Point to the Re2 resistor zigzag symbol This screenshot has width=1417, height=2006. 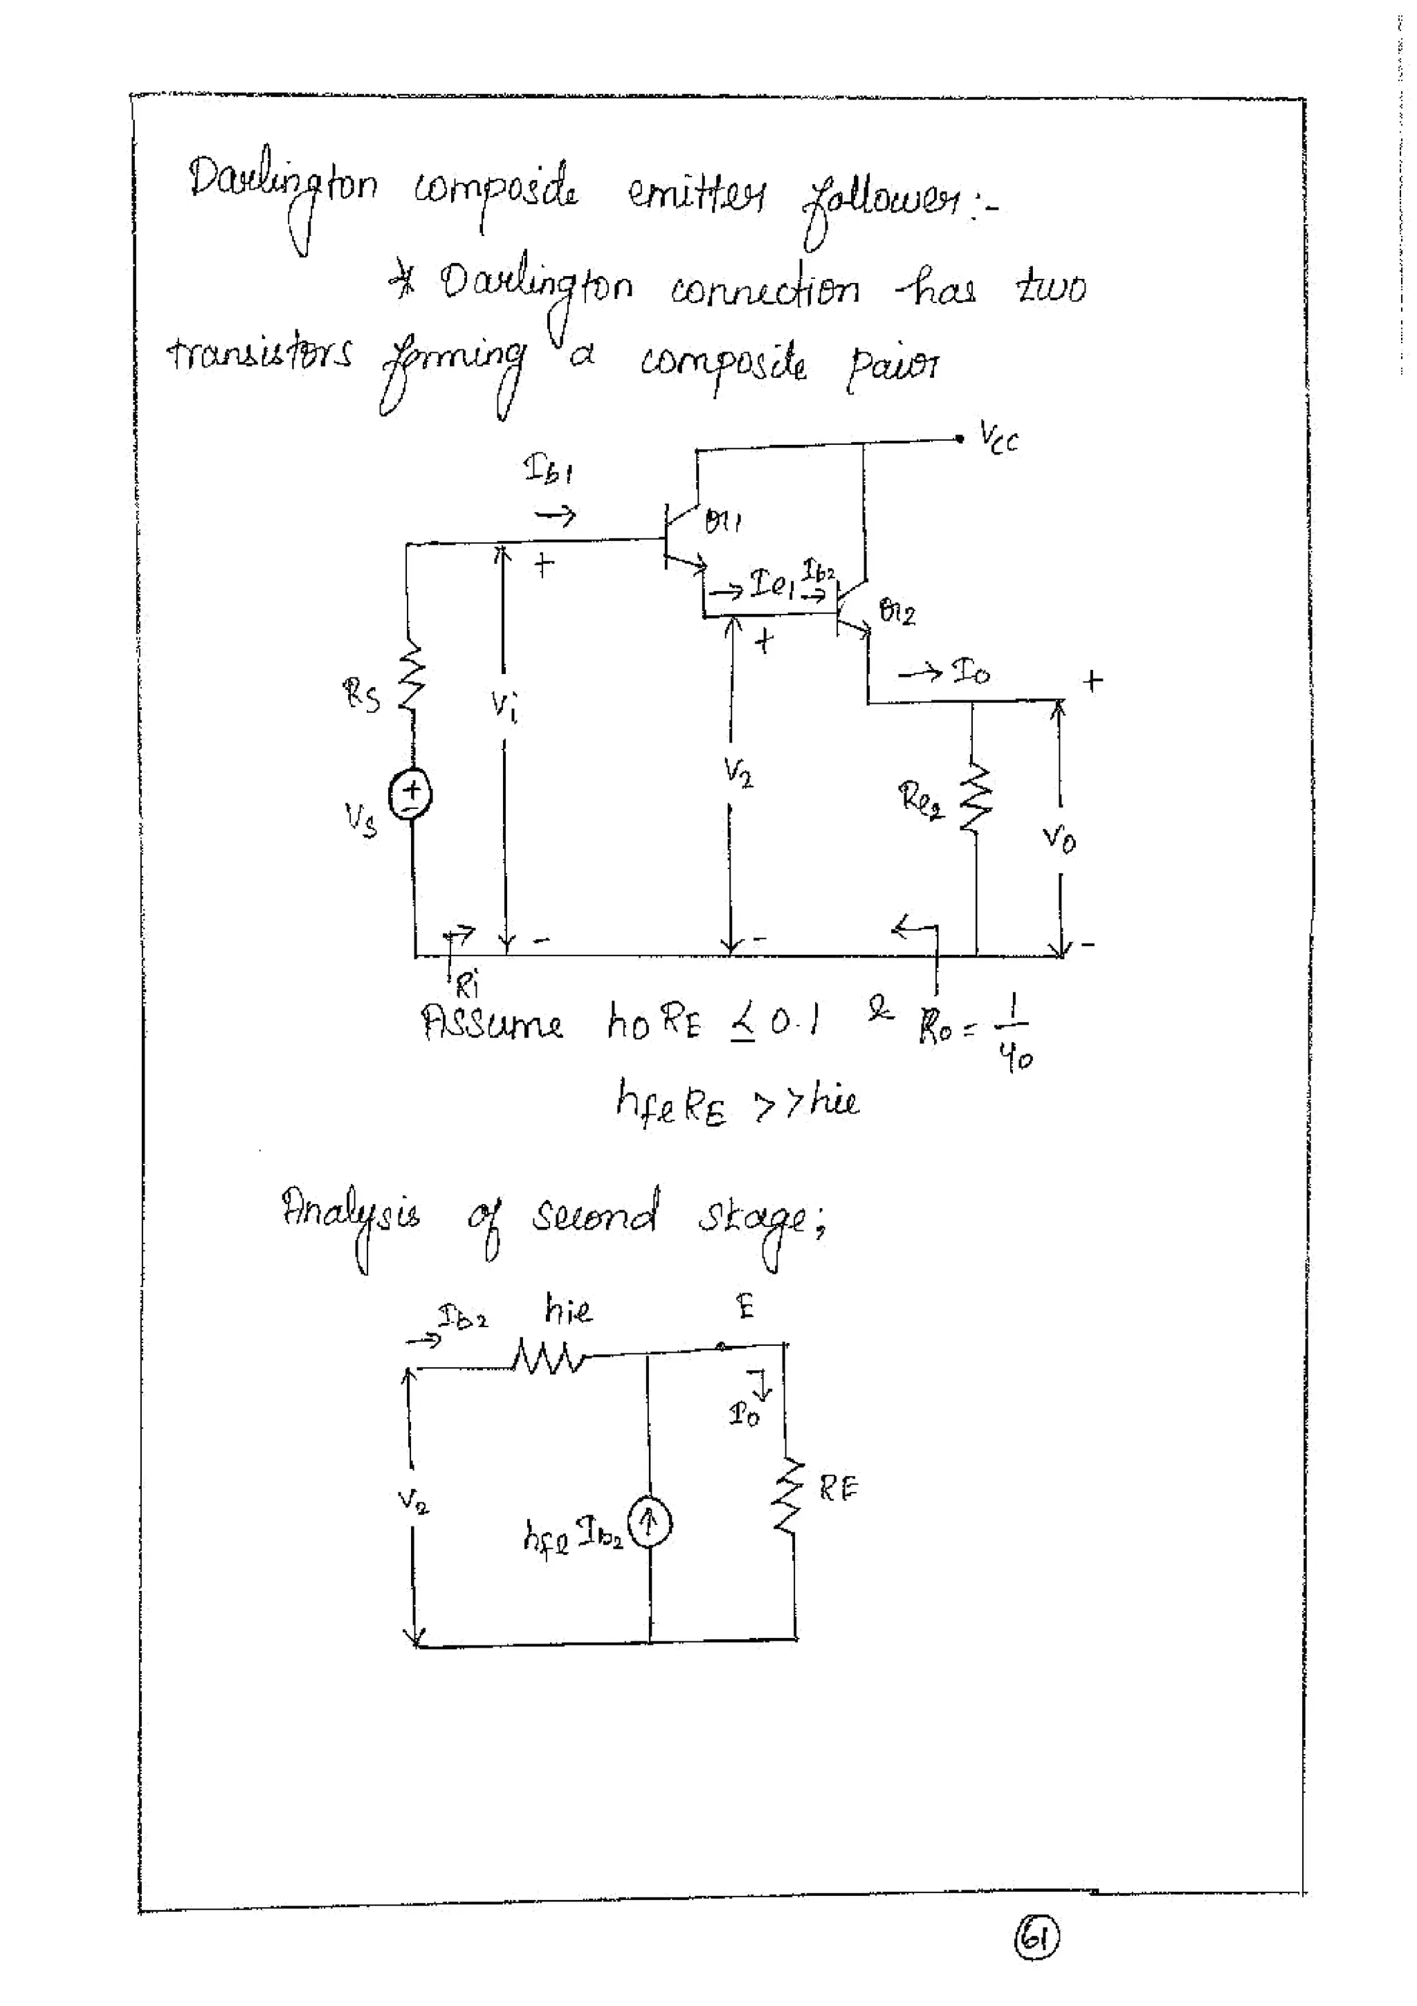[975, 797]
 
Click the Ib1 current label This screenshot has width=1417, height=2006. [548, 472]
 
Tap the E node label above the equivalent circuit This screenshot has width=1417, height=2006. [745, 1308]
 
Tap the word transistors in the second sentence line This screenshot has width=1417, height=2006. [260, 356]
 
